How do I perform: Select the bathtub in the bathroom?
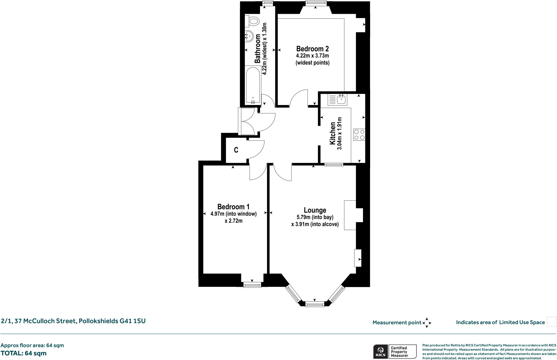(253, 85)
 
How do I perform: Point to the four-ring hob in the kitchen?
(359, 135)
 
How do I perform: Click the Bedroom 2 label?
(312, 49)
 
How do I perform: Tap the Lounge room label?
(315, 210)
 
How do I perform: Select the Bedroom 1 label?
(233, 207)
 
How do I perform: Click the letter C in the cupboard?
(236, 150)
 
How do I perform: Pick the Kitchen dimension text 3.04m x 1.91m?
(339, 134)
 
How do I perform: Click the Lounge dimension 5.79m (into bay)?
(315, 217)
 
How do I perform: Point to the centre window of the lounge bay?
(315, 304)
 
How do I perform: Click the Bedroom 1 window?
(252, 285)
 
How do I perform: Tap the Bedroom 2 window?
(315, 3)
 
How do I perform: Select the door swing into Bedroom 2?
(299, 98)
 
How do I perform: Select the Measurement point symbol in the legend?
(426, 323)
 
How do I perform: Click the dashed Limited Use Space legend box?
(551, 322)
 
